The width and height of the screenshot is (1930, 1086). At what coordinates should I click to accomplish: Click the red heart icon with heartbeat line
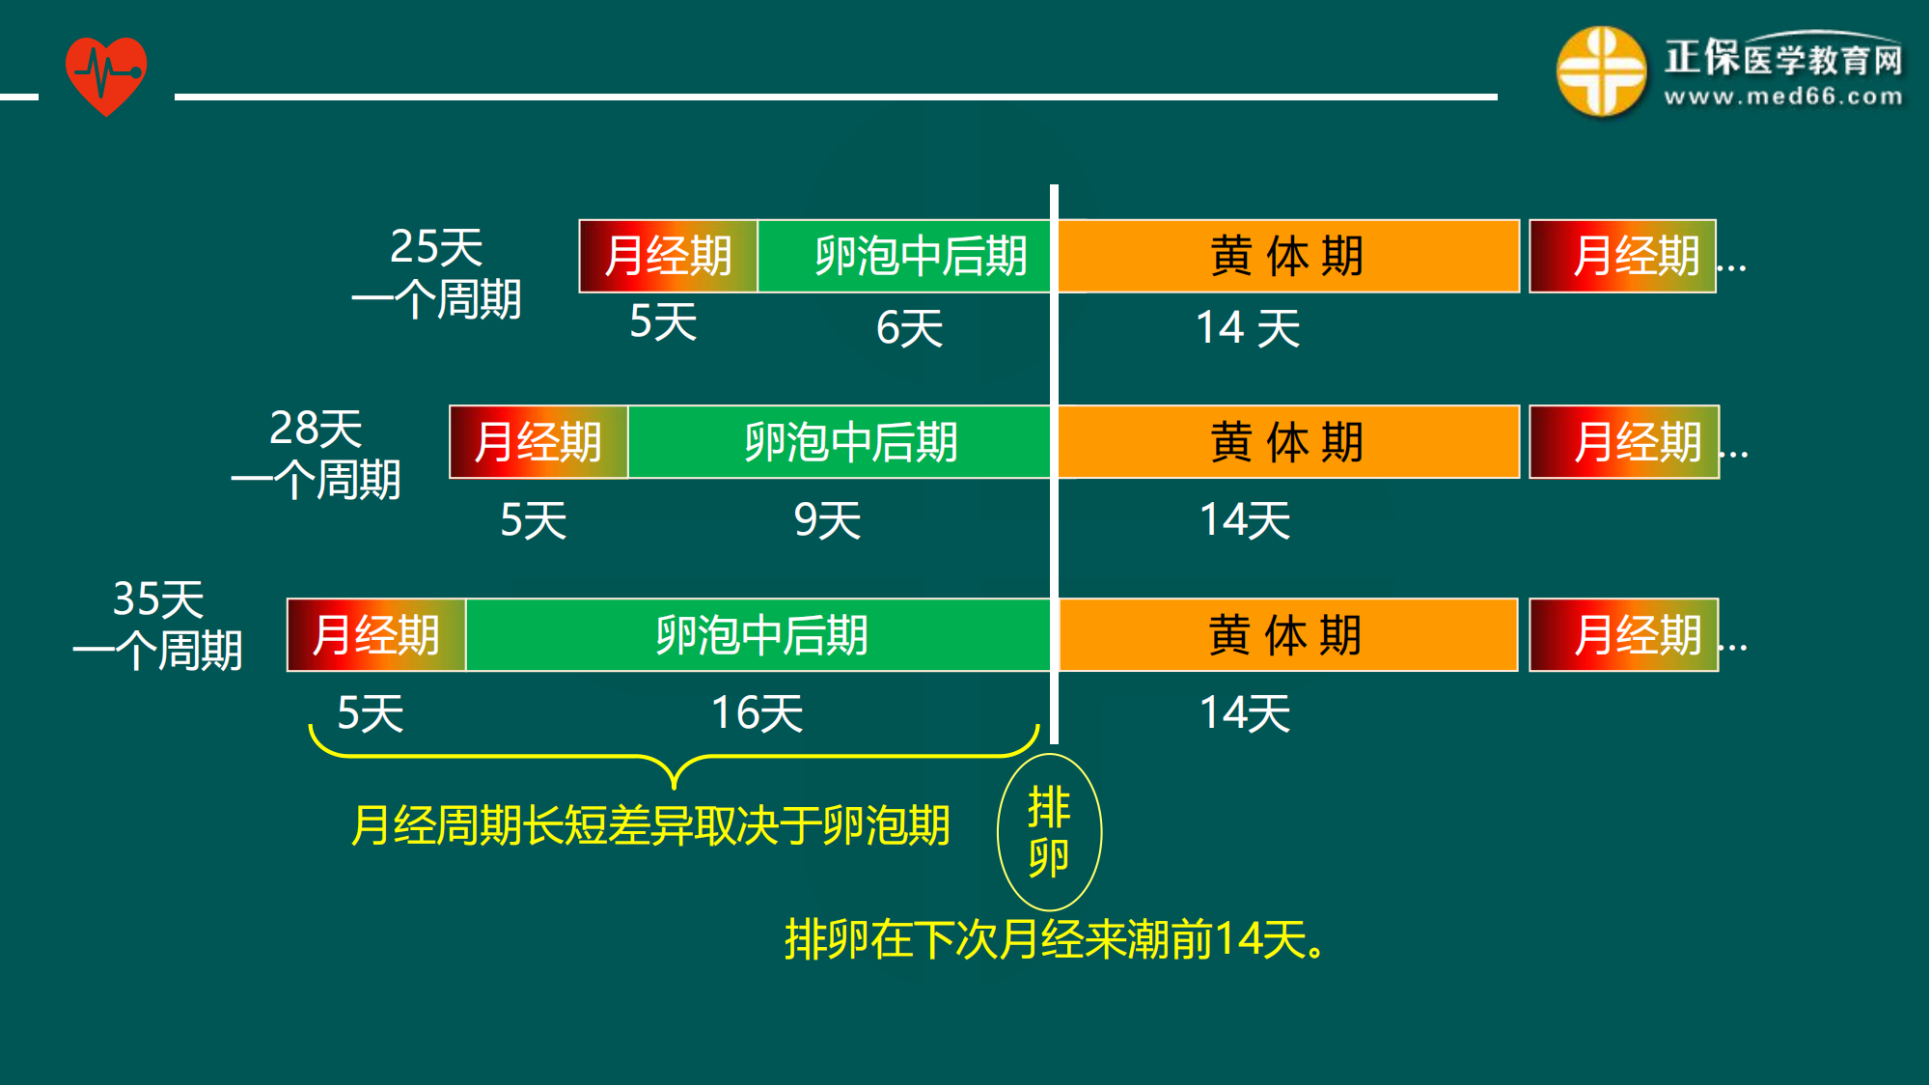(106, 75)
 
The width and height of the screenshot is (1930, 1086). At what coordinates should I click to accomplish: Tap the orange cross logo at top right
(1601, 71)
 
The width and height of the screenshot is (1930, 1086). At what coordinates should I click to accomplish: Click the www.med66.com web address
(1783, 97)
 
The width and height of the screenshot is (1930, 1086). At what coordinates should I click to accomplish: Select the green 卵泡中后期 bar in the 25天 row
(904, 257)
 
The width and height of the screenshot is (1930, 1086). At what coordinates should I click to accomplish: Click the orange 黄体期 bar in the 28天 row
(1288, 442)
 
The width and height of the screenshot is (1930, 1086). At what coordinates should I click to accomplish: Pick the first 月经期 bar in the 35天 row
(376, 635)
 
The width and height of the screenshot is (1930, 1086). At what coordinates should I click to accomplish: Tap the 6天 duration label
(909, 328)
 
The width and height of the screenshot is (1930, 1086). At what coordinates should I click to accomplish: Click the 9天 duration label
(827, 521)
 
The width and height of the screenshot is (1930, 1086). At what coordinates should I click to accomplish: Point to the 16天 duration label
(758, 714)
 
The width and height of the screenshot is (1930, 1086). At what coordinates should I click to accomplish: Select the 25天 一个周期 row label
(436, 273)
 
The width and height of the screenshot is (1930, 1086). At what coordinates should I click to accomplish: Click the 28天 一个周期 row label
(316, 454)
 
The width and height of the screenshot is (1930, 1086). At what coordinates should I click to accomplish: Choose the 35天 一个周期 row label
(158, 625)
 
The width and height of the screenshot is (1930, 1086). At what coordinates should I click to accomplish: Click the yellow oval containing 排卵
(1049, 832)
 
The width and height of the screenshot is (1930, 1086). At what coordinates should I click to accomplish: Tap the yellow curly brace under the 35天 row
(674, 757)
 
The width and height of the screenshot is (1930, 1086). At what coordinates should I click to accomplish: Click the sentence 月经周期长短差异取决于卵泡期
(650, 826)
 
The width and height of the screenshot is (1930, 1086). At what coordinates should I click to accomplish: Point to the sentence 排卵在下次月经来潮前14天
(1055, 939)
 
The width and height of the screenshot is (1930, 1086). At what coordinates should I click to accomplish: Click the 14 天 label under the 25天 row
(1248, 328)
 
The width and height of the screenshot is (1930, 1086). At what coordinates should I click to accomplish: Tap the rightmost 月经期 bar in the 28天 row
(1624, 442)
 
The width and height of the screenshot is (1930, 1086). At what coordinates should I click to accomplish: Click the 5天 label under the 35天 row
(370, 714)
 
